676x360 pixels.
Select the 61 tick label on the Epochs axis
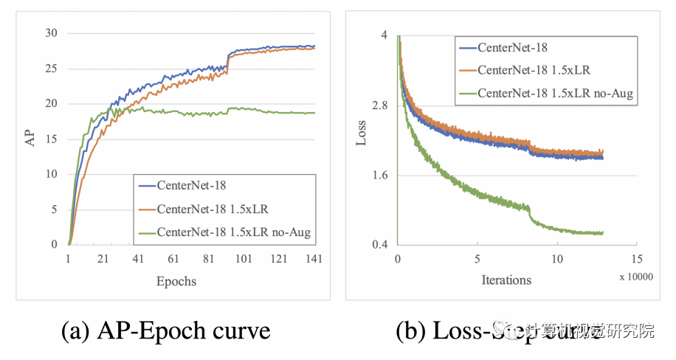tap(173, 260)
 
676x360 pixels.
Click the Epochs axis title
tap(176, 281)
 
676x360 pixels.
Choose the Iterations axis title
tap(506, 280)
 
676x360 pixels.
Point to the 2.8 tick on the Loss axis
tap(380, 104)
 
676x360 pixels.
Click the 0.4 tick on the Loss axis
tap(380, 245)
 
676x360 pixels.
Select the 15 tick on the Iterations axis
tap(636, 260)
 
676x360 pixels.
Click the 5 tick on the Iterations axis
tap(477, 260)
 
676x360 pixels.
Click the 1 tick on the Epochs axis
tap(68, 260)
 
